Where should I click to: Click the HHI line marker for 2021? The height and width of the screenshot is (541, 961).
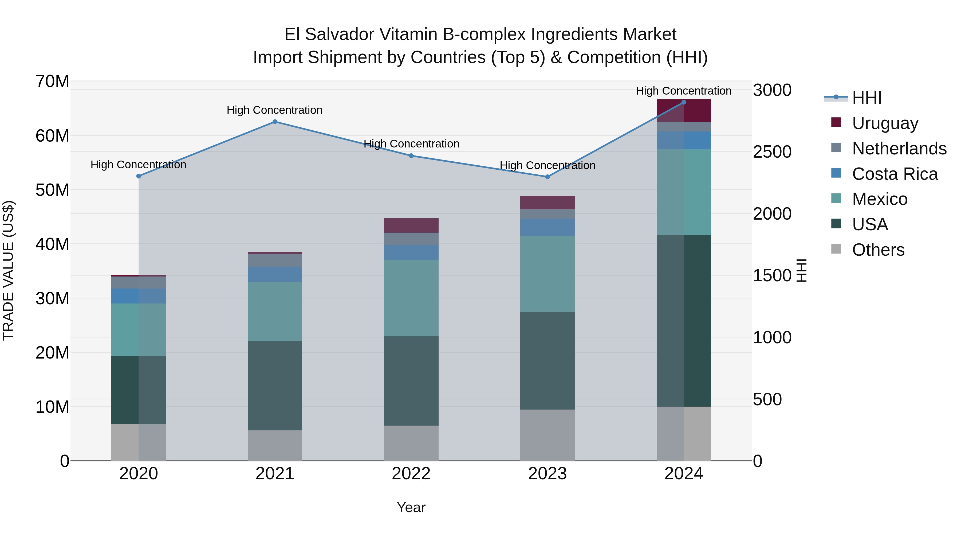(275, 122)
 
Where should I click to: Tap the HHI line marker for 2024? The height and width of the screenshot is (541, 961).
(683, 102)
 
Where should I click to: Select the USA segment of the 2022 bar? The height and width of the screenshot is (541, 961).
(411, 381)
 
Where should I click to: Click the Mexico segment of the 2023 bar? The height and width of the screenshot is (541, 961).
(547, 274)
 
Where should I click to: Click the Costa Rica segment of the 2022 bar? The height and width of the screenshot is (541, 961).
(411, 252)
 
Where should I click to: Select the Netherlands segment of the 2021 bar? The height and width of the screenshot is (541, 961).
(275, 260)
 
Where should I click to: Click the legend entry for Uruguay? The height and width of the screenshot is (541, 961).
(885, 123)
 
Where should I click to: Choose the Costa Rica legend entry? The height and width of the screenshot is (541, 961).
(894, 174)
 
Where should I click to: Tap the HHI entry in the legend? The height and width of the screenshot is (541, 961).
(867, 98)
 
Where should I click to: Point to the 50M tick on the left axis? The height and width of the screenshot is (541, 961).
(52, 190)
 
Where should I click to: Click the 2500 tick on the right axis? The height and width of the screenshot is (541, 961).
(772, 152)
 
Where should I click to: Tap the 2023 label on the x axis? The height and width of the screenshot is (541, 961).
(547, 474)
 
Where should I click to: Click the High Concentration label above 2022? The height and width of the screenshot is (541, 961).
(411, 144)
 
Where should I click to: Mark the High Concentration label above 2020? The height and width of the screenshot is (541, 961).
(138, 165)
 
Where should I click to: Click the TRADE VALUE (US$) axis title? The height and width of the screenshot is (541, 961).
(8, 270)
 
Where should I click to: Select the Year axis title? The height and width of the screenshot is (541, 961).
(411, 507)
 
